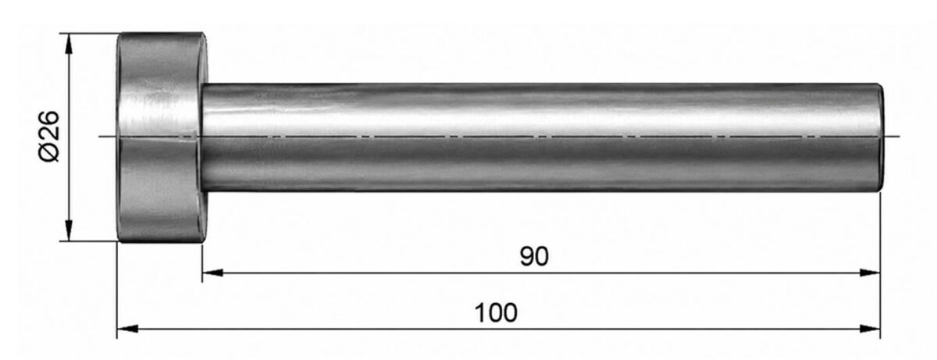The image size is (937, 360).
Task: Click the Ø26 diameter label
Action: [49, 137]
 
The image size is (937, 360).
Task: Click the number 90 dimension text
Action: [534, 256]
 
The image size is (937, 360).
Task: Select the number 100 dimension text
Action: [496, 312]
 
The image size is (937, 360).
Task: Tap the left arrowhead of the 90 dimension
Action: [212, 273]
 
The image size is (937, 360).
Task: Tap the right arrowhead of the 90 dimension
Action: [870, 273]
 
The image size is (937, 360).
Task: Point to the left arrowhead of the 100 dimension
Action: [127, 329]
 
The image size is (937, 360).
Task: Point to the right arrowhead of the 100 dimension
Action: [870, 329]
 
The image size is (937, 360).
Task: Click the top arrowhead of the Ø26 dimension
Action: [69, 44]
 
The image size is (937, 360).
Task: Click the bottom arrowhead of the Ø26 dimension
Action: [69, 230]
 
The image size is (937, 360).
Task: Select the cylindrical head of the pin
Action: [162, 137]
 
